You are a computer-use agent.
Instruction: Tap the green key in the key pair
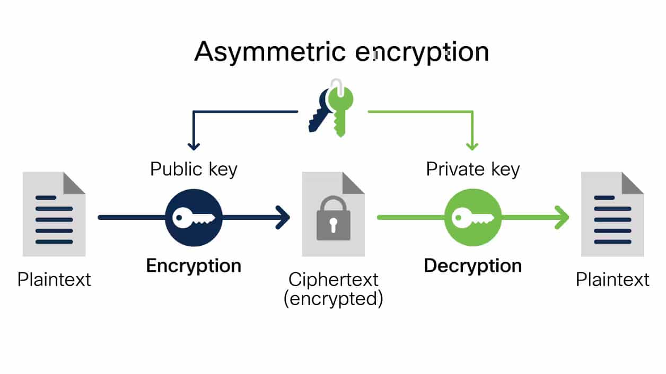(340, 106)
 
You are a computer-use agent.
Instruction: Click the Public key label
(194, 170)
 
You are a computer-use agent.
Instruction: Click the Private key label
(473, 170)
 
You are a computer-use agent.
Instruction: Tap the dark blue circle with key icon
(193, 218)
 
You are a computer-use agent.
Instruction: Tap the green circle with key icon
(472, 218)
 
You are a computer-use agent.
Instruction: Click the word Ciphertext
(334, 279)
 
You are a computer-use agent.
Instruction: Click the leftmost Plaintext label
(54, 279)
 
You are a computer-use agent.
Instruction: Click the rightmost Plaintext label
(612, 279)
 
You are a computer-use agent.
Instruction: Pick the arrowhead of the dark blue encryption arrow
(284, 218)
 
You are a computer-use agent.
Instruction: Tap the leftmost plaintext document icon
(54, 215)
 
